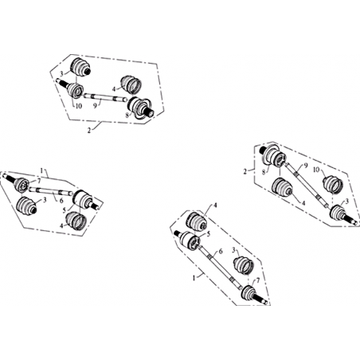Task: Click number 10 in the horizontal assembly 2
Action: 79,106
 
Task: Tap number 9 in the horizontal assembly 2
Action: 96,106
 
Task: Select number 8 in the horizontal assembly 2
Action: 127,115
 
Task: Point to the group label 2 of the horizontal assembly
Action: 89,131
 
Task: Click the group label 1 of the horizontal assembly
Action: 41,170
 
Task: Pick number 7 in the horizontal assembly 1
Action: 39,181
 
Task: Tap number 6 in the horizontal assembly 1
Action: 61,201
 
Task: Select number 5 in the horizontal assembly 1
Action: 64,209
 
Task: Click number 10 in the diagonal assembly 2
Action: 316,169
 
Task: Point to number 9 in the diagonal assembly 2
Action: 306,166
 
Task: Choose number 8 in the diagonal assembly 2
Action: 264,173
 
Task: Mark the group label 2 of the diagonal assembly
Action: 245,171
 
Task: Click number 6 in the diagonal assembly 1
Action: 221,252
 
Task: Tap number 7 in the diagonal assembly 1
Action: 258,281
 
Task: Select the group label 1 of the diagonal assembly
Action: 194,278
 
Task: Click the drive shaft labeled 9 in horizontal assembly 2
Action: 105,97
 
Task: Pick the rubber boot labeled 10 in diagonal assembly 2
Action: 333,185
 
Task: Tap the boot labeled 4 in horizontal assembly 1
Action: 76,221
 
